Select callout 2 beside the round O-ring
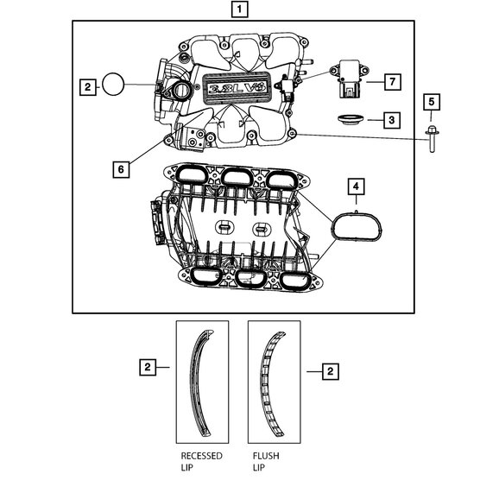coord(86,86)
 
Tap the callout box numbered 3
coord(390,119)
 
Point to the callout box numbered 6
coord(122,168)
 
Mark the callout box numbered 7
coord(390,81)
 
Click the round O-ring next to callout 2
coord(113,85)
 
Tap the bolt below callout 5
coord(430,138)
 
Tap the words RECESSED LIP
coord(201,462)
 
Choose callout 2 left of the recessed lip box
coord(148,368)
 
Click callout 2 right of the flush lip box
coord(328,370)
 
